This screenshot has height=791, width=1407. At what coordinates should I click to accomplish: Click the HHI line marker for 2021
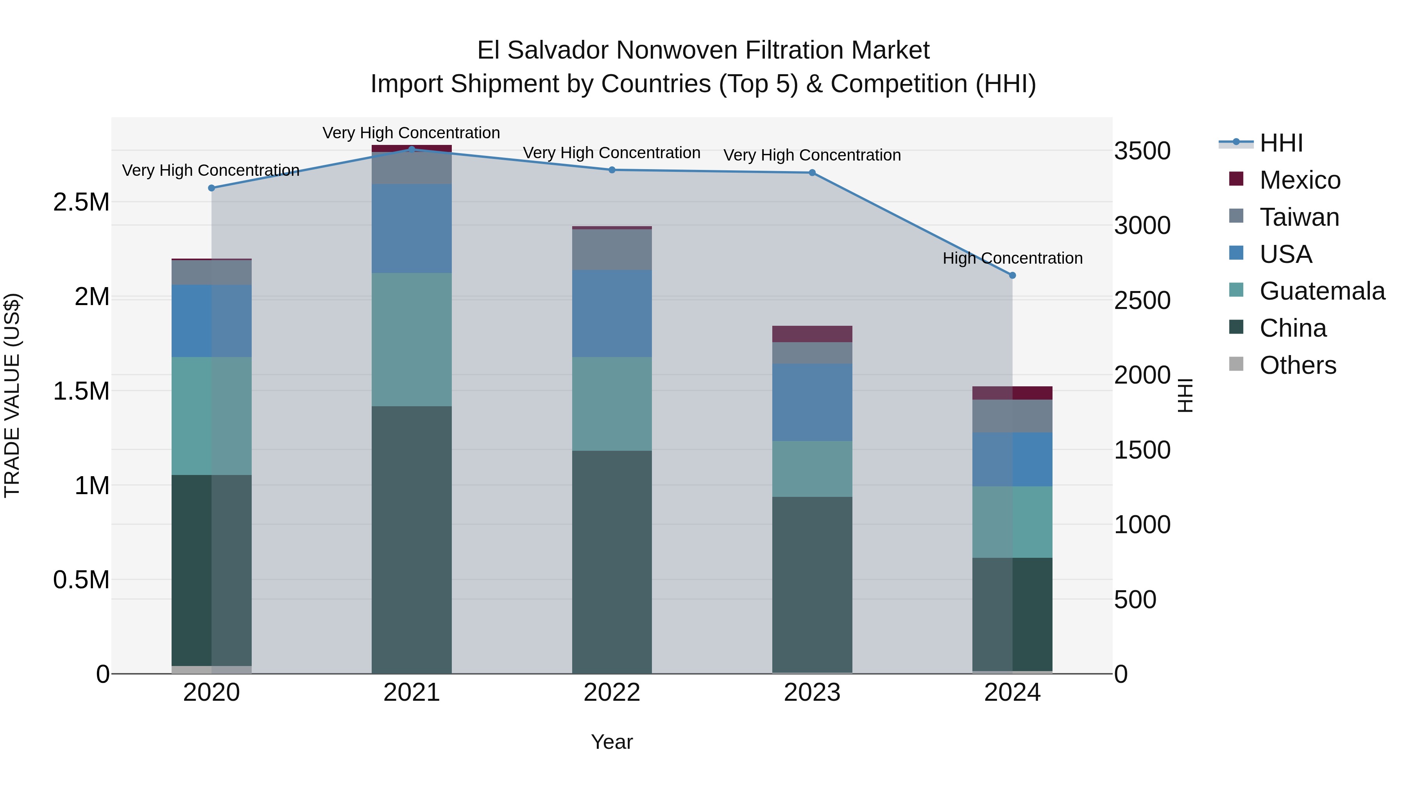[x=412, y=149]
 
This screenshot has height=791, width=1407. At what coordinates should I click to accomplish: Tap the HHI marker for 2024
[x=1012, y=276]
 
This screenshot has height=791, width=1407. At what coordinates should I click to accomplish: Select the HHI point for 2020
[x=212, y=188]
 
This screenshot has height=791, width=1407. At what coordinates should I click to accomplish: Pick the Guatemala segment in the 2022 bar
[x=612, y=404]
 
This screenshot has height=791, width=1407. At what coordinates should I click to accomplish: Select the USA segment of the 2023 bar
[x=812, y=402]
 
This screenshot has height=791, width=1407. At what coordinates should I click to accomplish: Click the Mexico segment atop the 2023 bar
[x=812, y=334]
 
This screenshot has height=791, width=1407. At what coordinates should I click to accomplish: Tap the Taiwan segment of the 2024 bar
[x=1012, y=416]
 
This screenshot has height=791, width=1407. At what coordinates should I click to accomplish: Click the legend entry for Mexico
[x=1300, y=180]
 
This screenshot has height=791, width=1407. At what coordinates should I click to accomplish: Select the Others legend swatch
[x=1236, y=364]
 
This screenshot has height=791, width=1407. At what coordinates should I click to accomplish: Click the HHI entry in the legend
[x=1281, y=143]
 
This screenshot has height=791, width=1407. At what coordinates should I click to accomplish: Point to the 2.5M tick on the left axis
[x=81, y=202]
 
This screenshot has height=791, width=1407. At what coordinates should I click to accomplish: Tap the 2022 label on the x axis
[x=612, y=693]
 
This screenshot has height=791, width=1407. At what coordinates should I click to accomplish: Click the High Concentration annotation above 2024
[x=1012, y=258]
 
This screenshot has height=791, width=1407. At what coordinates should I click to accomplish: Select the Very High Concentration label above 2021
[x=411, y=133]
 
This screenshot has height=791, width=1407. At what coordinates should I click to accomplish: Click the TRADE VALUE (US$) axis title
[x=13, y=395]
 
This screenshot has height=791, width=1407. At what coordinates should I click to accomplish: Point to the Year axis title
[x=612, y=742]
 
